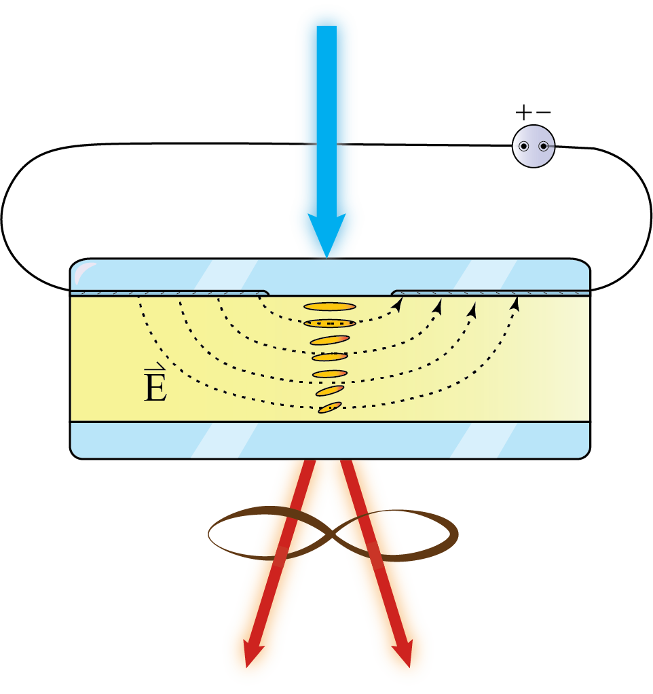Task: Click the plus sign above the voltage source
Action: point(523,112)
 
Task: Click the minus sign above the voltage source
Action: point(543,112)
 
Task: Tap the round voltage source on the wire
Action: point(534,146)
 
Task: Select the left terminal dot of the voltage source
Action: point(524,147)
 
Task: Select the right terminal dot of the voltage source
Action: point(543,147)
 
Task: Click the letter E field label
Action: point(155,387)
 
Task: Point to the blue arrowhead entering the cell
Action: point(326,238)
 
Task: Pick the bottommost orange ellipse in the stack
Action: point(330,407)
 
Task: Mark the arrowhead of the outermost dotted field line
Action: point(515,304)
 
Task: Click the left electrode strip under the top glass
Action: point(170,293)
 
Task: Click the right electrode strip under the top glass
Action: point(489,293)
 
